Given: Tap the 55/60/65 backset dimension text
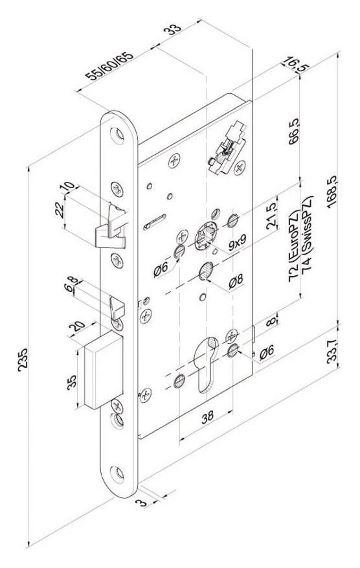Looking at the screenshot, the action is (x=109, y=66).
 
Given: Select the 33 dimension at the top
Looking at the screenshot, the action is (x=172, y=29).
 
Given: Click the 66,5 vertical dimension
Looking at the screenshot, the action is (x=294, y=131).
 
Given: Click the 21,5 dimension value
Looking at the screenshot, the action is (x=272, y=216).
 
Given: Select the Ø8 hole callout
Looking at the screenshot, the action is (x=236, y=281).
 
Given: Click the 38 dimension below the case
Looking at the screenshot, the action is (x=208, y=417).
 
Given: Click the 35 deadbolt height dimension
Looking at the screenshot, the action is (x=72, y=382).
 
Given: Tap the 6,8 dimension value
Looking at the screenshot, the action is (x=70, y=284).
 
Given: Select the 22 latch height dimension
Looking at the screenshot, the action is (x=60, y=210).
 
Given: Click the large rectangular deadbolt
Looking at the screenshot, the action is (x=103, y=371).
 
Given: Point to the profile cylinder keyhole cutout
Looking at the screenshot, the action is (x=207, y=364).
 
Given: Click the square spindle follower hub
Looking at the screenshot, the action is (x=206, y=236).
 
